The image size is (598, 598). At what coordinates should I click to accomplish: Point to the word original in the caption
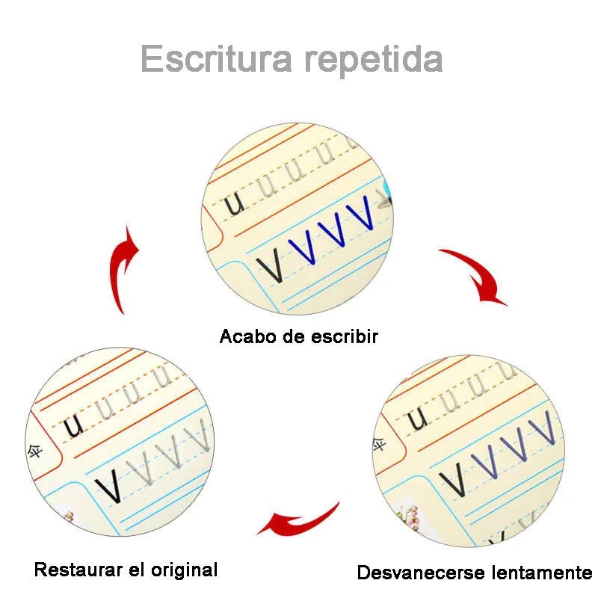point(182,570)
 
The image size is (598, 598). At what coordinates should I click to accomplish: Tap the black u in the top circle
point(235,203)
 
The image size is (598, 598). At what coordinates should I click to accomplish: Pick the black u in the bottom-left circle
point(73,426)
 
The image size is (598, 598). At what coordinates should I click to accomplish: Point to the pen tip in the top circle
point(384,198)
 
